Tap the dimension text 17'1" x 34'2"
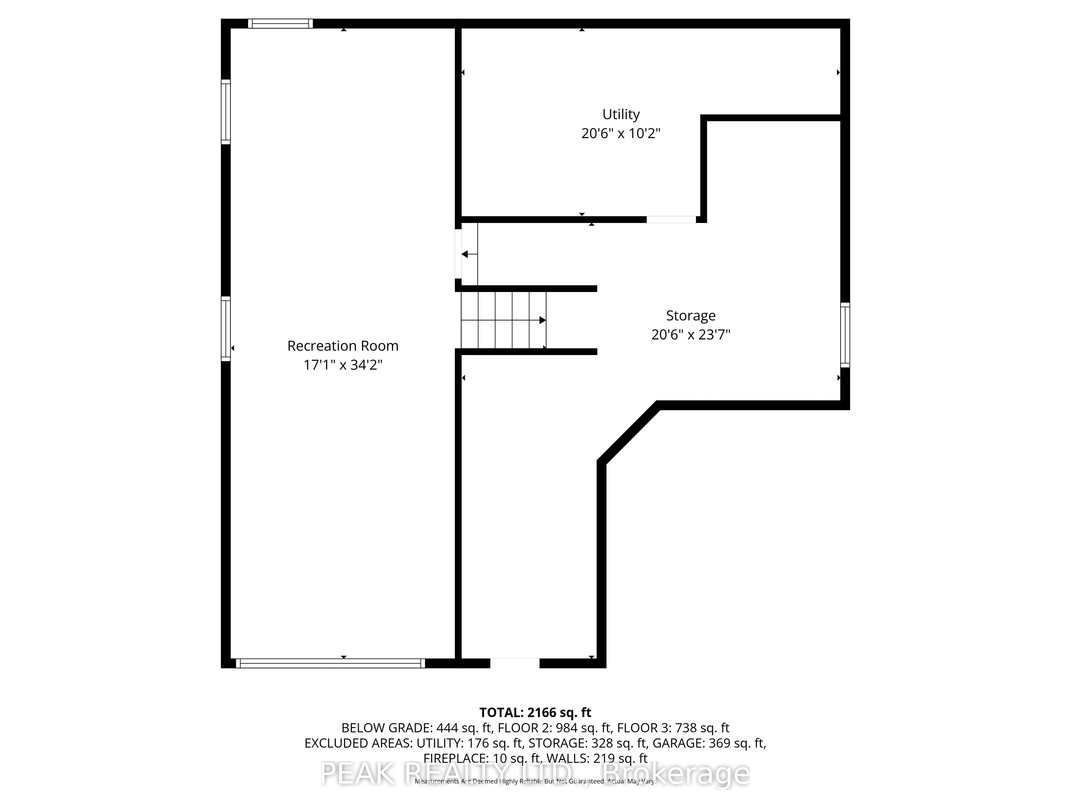[x=343, y=365]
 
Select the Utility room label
[x=621, y=114]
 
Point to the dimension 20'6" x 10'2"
[x=621, y=133]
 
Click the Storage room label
[x=691, y=316]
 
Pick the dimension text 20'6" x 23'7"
[x=691, y=335]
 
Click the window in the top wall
[x=280, y=23]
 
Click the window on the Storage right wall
[x=845, y=335]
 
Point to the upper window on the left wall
[x=226, y=112]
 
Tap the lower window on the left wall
[x=226, y=329]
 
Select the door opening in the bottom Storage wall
[x=515, y=663]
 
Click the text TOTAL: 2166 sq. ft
[x=535, y=713]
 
